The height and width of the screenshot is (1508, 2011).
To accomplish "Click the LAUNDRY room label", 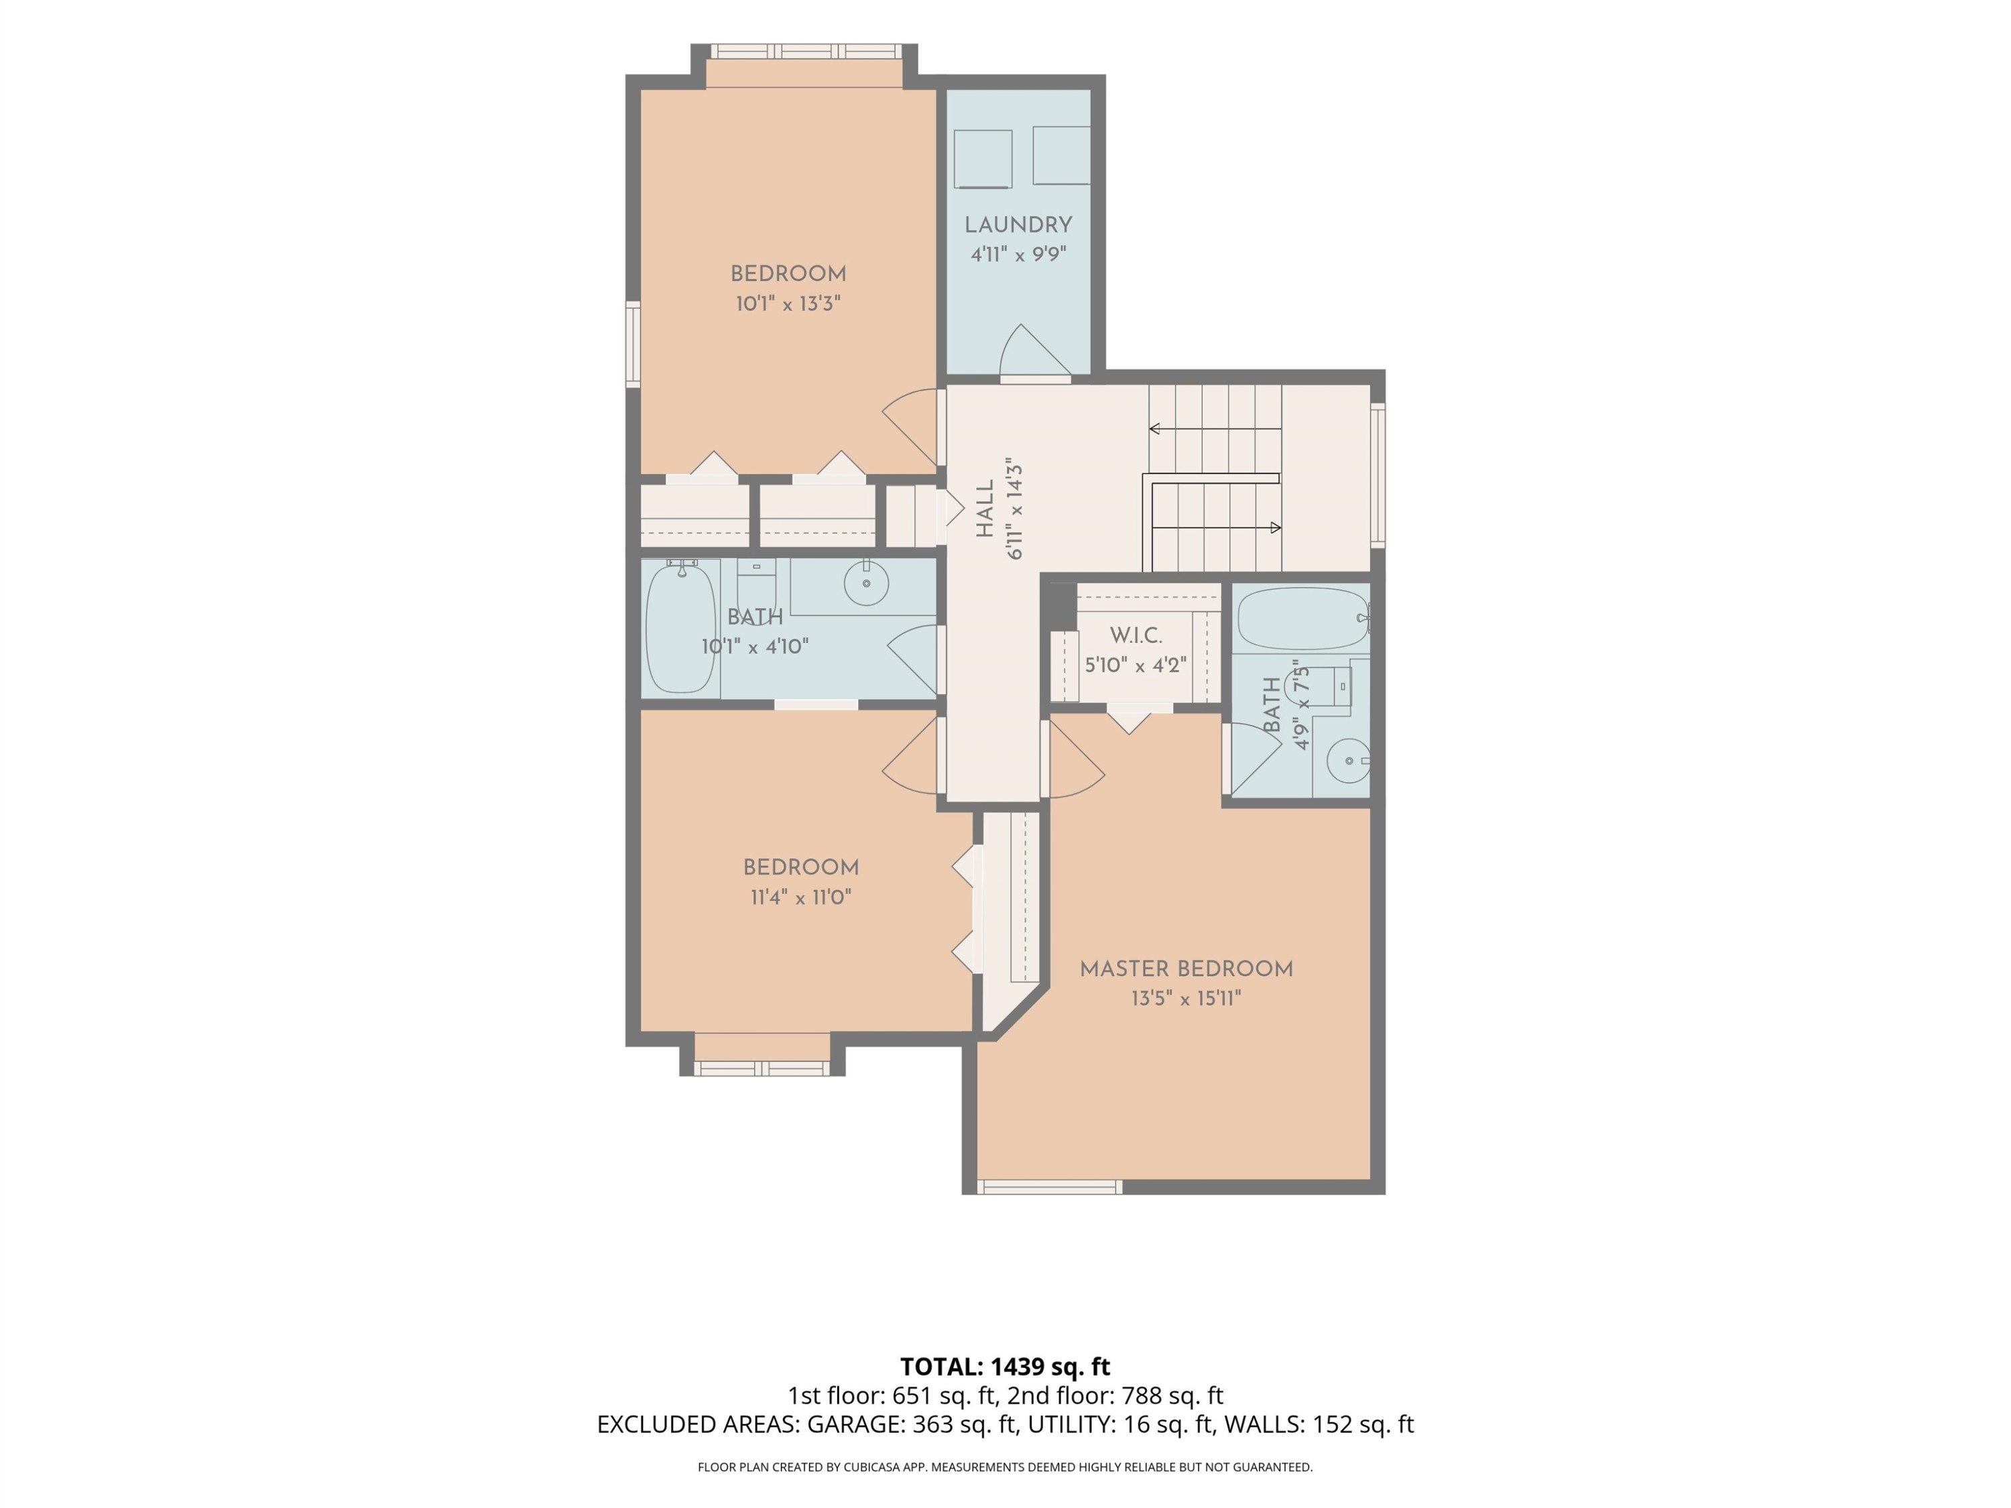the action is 1018,225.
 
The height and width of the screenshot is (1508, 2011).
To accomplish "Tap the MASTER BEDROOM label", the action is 1186,969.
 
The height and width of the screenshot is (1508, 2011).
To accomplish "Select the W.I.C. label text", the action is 1136,635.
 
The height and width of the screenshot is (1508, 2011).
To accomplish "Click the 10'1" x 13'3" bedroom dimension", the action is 788,304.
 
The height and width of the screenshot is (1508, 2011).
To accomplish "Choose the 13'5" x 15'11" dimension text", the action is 1186,998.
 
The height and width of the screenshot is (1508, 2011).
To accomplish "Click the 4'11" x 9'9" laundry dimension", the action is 1018,255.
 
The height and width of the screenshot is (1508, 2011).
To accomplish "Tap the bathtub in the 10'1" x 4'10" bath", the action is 680,627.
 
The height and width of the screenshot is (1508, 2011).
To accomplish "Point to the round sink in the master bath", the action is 1348,761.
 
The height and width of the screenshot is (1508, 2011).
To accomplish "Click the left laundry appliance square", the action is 983,159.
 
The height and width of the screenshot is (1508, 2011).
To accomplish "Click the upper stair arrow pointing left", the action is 1215,428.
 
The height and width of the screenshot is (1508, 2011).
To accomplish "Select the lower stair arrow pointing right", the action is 1217,527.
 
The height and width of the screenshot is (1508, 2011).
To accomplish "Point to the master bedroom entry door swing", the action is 1077,759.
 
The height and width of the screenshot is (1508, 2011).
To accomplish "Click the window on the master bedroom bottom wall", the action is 1050,1187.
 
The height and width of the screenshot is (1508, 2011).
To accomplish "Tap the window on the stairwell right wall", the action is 1378,475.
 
